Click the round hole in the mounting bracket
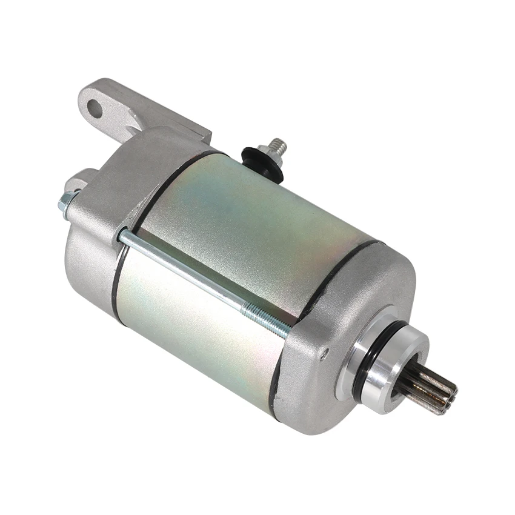click(95, 108)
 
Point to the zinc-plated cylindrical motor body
click(242, 254)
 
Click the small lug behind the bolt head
click(79, 179)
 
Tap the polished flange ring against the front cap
click(364, 376)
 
